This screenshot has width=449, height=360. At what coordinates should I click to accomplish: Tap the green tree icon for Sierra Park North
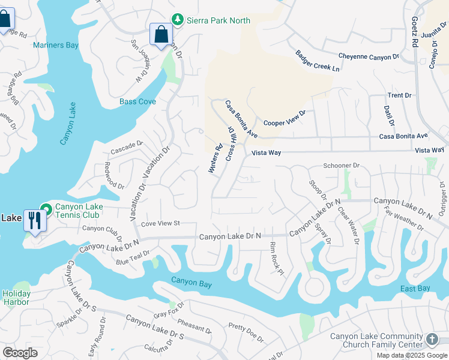tap(177, 20)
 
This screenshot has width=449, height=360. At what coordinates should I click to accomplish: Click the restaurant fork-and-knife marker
tap(35, 221)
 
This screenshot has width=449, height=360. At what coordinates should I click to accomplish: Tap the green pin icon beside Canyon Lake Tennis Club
tap(46, 208)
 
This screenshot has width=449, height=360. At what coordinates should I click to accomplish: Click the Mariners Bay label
tap(56, 45)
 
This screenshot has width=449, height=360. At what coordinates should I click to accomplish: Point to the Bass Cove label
tap(137, 101)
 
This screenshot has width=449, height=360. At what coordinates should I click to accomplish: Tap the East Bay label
tap(415, 289)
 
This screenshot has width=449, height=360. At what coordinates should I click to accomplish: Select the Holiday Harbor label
tap(16, 298)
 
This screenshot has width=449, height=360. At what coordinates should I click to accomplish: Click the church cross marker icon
tap(432, 340)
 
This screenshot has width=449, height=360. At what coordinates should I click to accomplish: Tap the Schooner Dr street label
tap(341, 166)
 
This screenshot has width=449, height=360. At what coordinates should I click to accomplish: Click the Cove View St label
tap(160, 224)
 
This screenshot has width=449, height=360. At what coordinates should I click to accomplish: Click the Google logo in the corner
tap(20, 353)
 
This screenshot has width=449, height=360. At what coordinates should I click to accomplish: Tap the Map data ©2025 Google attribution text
tap(412, 355)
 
